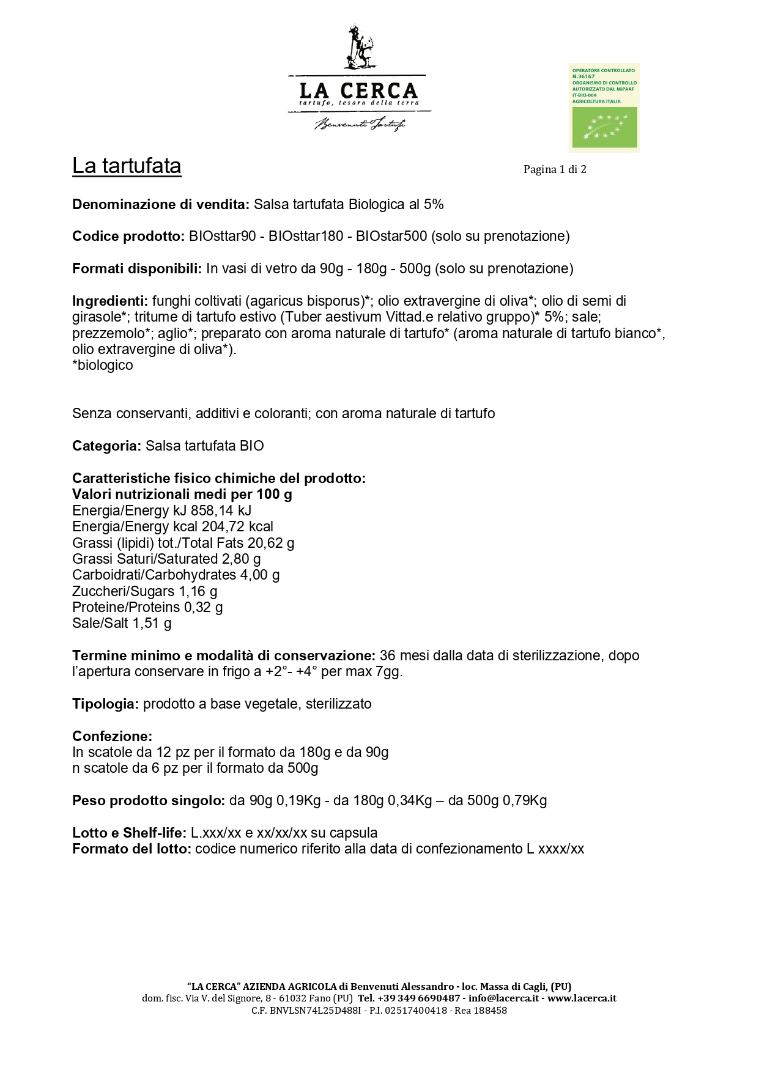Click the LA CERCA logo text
(358, 91)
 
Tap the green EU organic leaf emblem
(604, 128)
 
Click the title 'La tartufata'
(127, 166)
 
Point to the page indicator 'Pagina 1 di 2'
(555, 169)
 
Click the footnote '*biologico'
(103, 365)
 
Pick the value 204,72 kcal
(238, 526)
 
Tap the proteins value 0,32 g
(204, 607)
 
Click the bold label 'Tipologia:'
(106, 704)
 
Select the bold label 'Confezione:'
(112, 736)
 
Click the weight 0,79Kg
(525, 800)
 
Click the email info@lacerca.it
(503, 998)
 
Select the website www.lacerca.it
(582, 998)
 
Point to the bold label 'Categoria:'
(107, 446)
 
